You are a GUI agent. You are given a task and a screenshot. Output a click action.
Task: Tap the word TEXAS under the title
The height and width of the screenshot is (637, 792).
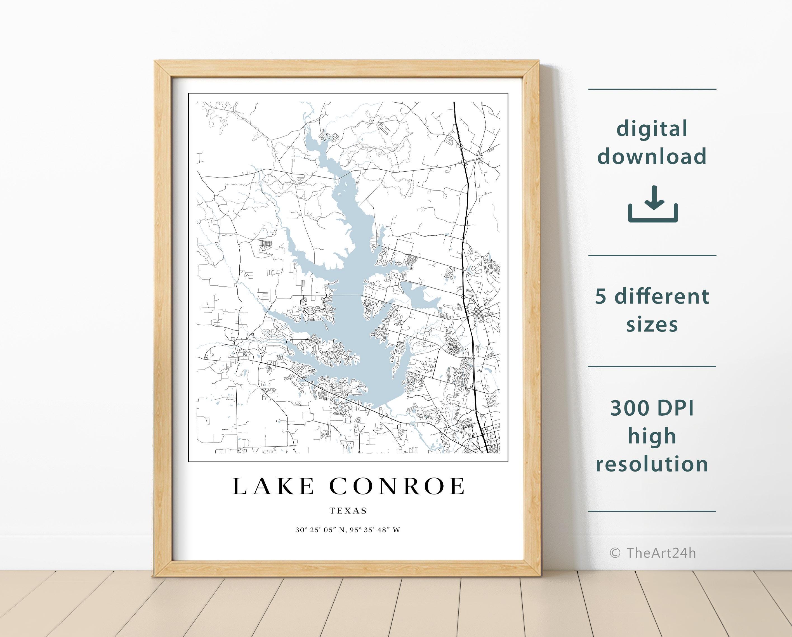(x=348, y=511)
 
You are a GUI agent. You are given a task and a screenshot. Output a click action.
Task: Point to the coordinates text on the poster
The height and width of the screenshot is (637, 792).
(x=348, y=530)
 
